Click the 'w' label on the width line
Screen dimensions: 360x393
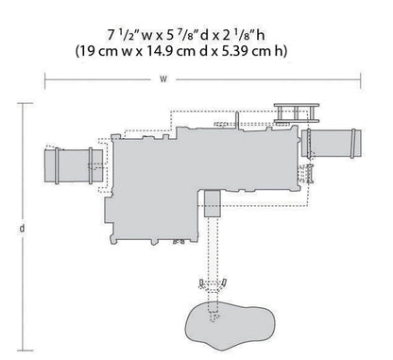click(163, 78)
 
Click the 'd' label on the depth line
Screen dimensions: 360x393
click(20, 228)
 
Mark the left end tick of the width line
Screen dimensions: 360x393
click(45, 78)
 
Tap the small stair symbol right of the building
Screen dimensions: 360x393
click(306, 174)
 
